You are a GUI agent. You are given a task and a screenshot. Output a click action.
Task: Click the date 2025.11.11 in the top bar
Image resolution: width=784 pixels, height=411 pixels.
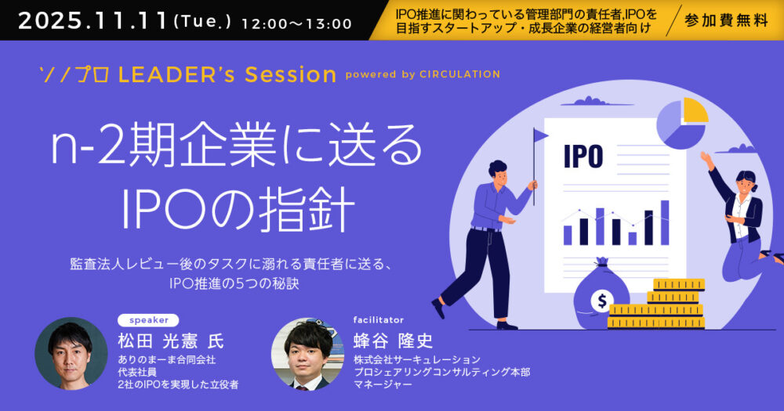(93, 21)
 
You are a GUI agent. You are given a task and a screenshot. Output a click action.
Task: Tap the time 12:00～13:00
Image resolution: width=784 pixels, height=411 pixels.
(296, 24)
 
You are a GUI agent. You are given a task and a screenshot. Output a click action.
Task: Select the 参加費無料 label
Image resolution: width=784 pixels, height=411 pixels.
(726, 20)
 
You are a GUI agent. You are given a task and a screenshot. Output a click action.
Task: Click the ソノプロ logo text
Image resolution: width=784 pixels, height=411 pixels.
(74, 75)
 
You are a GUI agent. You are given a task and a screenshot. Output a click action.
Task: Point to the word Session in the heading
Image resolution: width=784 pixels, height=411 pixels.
(291, 74)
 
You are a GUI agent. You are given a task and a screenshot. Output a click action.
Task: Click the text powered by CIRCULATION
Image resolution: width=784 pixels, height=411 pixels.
(423, 74)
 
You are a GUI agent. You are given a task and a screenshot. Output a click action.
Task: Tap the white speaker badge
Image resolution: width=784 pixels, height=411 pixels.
(148, 320)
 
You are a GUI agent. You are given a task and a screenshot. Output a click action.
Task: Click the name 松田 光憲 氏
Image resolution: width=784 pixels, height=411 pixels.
(171, 341)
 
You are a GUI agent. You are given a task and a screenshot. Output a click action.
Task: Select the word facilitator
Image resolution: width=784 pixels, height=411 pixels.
(379, 319)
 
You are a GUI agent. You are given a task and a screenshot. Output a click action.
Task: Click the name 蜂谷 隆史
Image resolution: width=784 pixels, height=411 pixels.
(393, 341)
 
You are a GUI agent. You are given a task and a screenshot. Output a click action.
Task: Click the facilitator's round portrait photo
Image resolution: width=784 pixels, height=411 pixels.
(307, 354)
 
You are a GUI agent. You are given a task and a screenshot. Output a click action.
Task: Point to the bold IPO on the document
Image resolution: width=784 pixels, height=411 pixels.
(583, 156)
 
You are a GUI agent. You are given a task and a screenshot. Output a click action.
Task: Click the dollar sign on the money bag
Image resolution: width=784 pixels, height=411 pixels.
(601, 301)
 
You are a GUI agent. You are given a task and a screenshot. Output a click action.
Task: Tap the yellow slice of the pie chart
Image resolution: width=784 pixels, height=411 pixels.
(695, 110)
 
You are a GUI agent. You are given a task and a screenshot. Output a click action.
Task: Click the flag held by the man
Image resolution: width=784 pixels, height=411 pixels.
(540, 135)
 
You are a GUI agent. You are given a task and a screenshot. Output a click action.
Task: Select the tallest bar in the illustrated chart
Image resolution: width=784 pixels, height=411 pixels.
(665, 223)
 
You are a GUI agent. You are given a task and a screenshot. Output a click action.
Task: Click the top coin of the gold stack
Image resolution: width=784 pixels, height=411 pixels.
(679, 285)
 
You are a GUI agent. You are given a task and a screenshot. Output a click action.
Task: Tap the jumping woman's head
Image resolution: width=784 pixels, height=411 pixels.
(746, 182)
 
